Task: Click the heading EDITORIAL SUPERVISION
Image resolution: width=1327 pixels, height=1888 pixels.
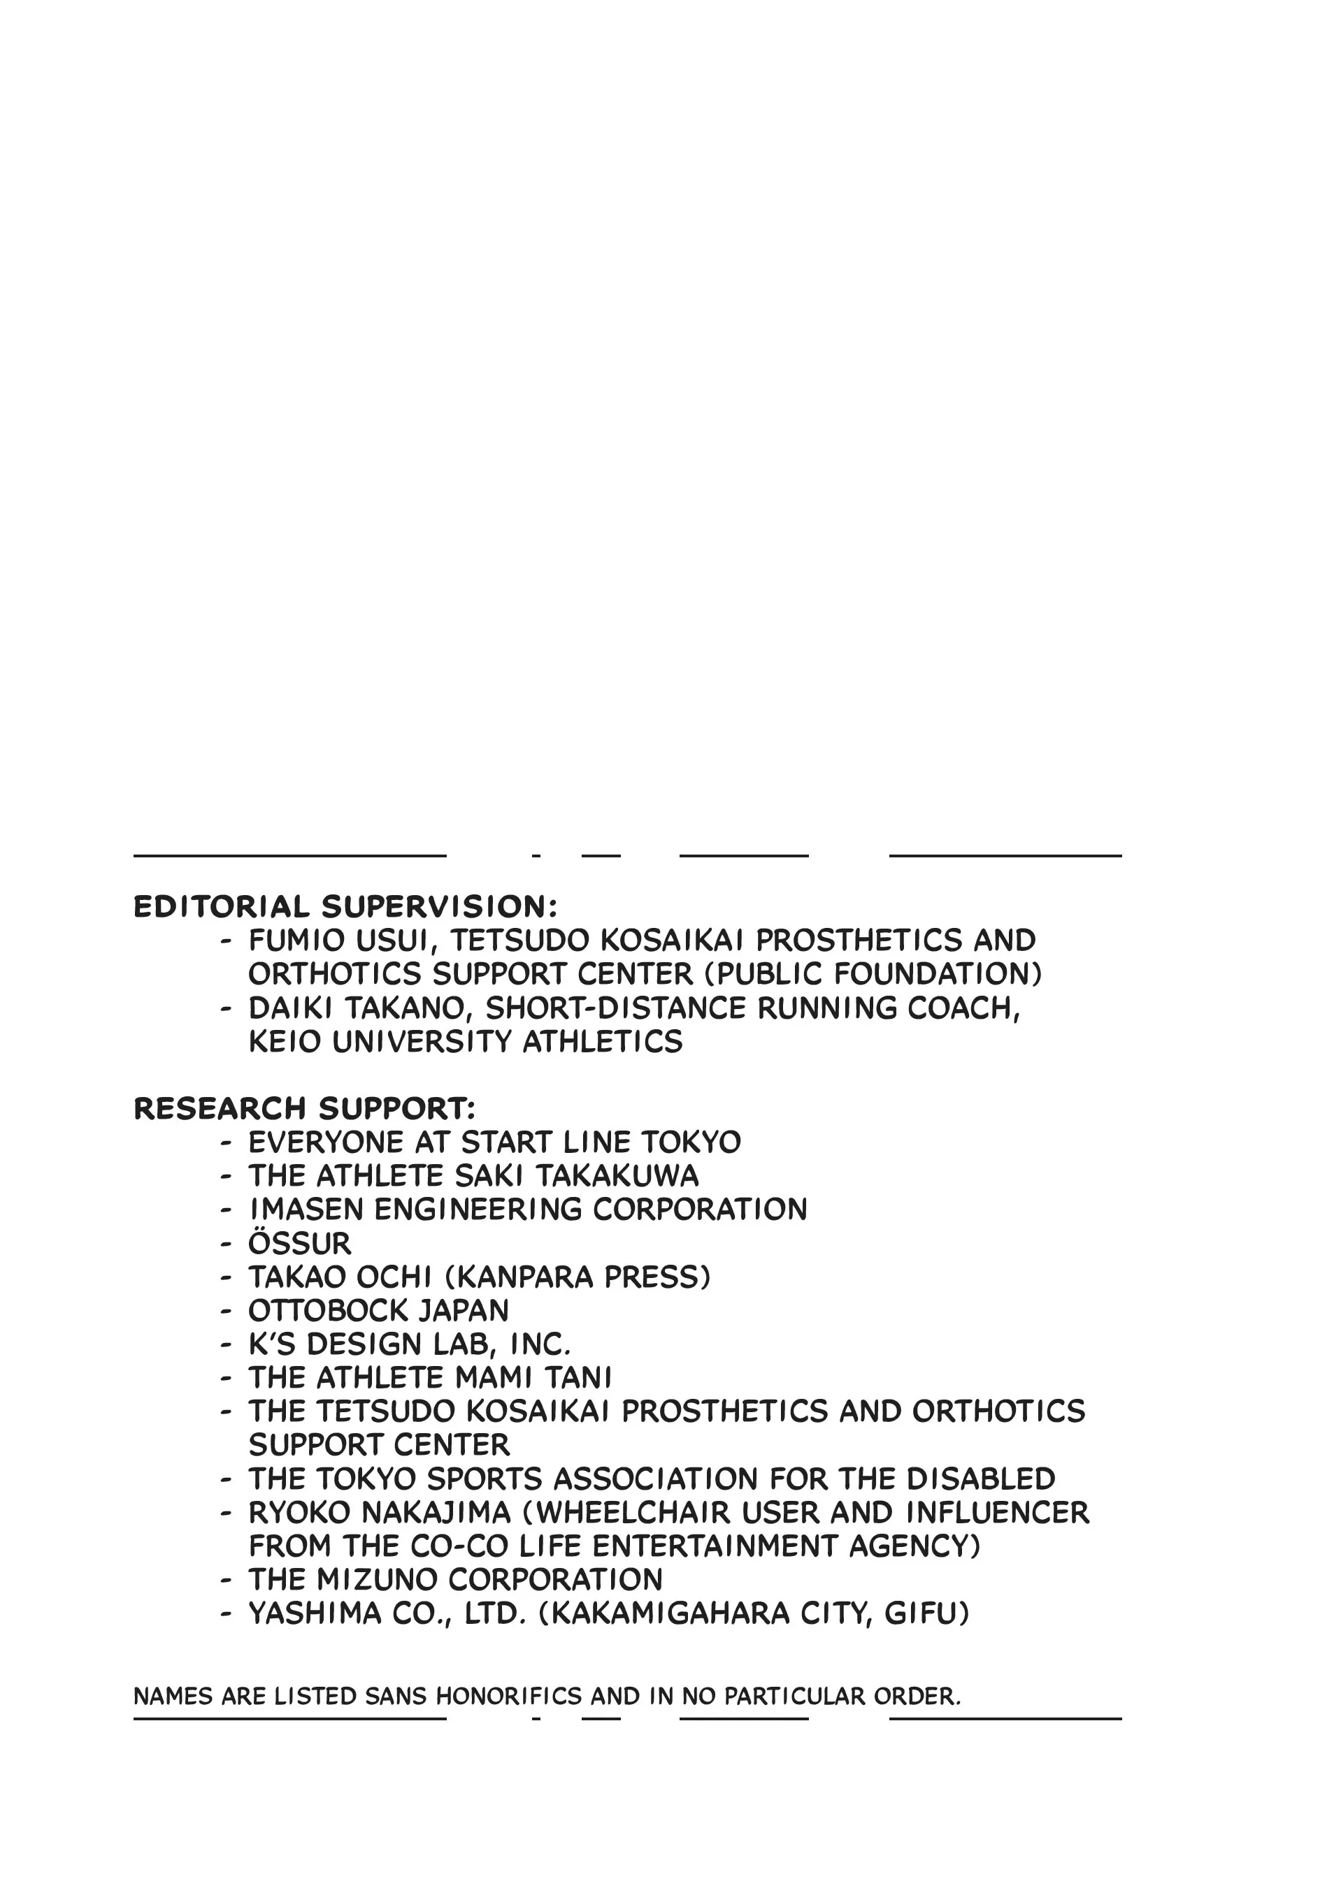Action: (x=345, y=907)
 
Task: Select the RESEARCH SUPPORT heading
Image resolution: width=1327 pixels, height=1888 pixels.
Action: (x=304, y=1108)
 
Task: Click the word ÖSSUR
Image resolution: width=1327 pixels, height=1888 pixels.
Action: (x=299, y=1243)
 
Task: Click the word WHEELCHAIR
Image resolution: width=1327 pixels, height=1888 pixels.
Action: (x=635, y=1512)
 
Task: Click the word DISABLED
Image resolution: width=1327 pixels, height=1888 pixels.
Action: (x=981, y=1479)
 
